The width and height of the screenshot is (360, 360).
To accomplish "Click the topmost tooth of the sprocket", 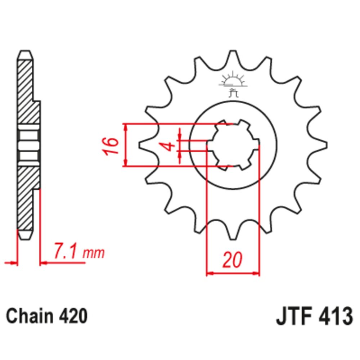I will pyautogui.click(x=233, y=56).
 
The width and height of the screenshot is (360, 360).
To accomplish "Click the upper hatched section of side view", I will pyautogui.click(x=27, y=90).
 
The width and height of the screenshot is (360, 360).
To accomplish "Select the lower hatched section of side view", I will pyautogui.click(x=27, y=198).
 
